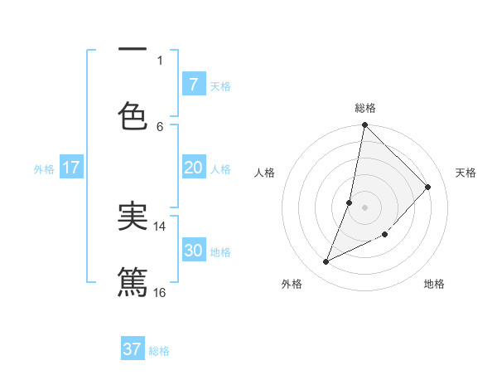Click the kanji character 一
(133, 50)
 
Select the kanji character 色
(133, 115)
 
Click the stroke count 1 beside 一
(160, 60)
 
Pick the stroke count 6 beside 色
(160, 126)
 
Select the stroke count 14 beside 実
(160, 226)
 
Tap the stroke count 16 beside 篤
(160, 292)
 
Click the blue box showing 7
(193, 85)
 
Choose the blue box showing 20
(193, 168)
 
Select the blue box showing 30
(193, 251)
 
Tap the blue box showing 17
(70, 168)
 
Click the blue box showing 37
(133, 349)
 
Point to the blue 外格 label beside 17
(44, 168)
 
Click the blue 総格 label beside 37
(159, 351)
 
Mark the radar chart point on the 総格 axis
(364, 125)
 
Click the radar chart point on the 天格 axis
(428, 187)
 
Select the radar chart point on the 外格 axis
(326, 262)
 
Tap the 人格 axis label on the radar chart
(265, 173)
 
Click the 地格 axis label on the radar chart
(434, 285)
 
